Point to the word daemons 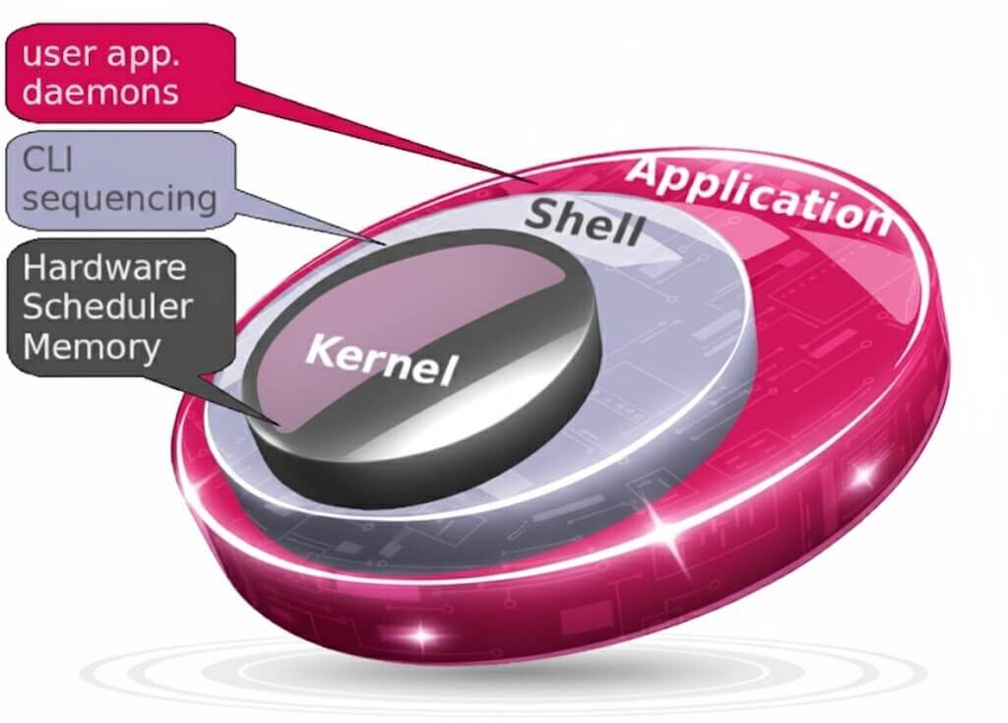[101, 92]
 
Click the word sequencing [120, 198]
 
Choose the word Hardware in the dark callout [104, 268]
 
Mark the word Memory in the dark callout [92, 347]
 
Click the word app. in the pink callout [147, 54]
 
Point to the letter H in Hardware [35, 267]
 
